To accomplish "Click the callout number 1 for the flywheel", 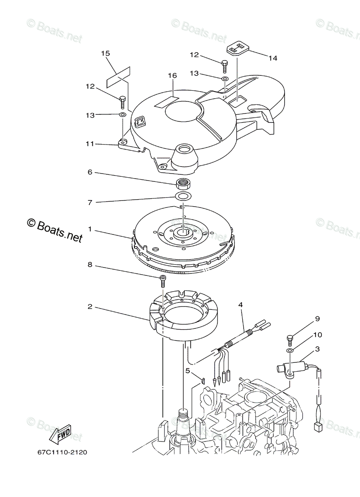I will (x=89, y=229).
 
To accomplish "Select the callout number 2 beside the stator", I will (x=89, y=307).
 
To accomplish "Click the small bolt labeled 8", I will (x=162, y=280).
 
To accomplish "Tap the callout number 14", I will (x=272, y=58).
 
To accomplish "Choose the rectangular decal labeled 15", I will (x=118, y=77).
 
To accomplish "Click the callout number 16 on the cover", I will (x=172, y=75).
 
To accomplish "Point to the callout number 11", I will (x=90, y=144).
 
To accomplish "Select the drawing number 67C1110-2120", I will (x=62, y=453).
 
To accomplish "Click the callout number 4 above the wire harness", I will (x=240, y=305).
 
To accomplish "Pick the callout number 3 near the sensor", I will (x=317, y=349).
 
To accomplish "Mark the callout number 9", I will (x=317, y=319).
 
